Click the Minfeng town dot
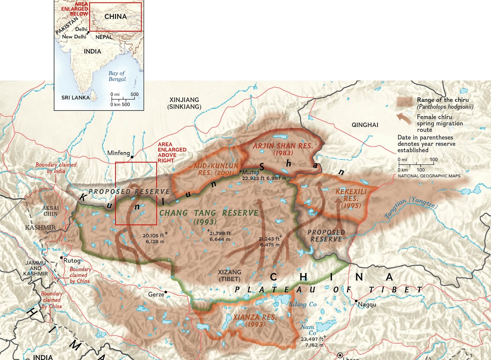[x=132, y=157]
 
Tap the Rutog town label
[x=72, y=260]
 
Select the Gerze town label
[x=156, y=294]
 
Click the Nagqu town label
[x=367, y=304]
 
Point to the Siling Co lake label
[x=303, y=304]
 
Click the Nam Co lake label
[x=308, y=330]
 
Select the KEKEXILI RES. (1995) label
[x=351, y=198]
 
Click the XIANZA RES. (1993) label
[x=255, y=320]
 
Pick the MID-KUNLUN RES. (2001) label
[x=216, y=169]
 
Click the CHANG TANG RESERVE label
[x=209, y=213]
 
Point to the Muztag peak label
[x=250, y=172]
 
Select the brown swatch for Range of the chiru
[x=404, y=102]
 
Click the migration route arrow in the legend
[x=404, y=119]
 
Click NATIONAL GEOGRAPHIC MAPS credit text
[x=429, y=176]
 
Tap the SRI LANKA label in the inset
[x=75, y=98]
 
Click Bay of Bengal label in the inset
[x=117, y=76]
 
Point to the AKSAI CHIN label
[x=51, y=211]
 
